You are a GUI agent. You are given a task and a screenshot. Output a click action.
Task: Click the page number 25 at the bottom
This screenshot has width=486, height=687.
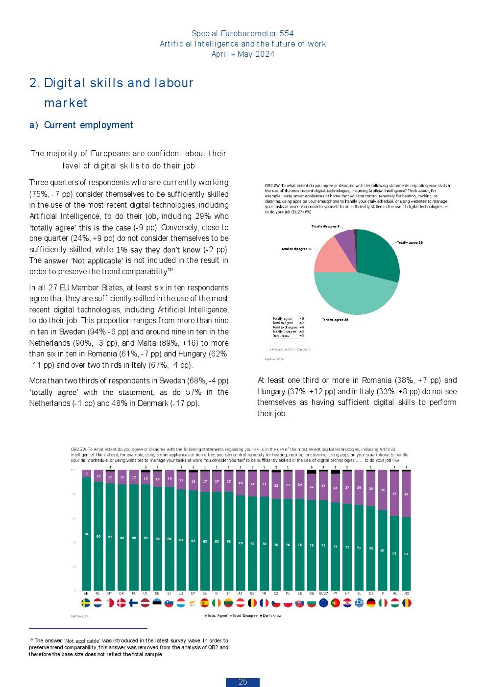coord(243,682)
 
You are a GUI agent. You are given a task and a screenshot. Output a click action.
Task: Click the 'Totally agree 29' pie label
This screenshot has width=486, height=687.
coord(410,243)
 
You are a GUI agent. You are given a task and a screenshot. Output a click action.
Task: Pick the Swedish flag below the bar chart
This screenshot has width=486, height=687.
coord(86,603)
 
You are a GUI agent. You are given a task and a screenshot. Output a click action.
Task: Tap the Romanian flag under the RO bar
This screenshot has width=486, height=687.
coord(407,603)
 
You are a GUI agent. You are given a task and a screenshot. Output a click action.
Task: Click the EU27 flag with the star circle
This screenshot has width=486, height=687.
coord(323,603)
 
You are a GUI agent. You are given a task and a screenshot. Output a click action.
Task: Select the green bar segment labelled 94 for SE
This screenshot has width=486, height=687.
coord(86,534)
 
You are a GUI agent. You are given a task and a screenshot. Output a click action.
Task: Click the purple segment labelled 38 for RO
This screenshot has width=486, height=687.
coord(406,494)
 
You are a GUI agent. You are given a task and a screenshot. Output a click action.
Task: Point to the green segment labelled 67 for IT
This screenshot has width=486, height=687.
coord(383,550)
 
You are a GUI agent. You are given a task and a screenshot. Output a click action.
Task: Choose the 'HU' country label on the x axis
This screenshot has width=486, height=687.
coord(394,593)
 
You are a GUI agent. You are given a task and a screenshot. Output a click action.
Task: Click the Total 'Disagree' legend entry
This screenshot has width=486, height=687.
coord(244,616)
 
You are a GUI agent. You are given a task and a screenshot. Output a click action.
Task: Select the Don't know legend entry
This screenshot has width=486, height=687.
coord(271,616)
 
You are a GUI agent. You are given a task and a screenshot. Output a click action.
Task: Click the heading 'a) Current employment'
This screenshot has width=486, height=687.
coord(81,125)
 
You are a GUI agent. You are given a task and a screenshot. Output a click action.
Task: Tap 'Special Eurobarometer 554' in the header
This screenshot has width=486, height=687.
coord(243,33)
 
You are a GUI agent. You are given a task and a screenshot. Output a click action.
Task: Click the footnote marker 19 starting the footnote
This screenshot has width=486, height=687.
coord(31,640)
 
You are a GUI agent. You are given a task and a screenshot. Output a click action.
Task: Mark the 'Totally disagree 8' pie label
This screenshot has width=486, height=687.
coord(325,227)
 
